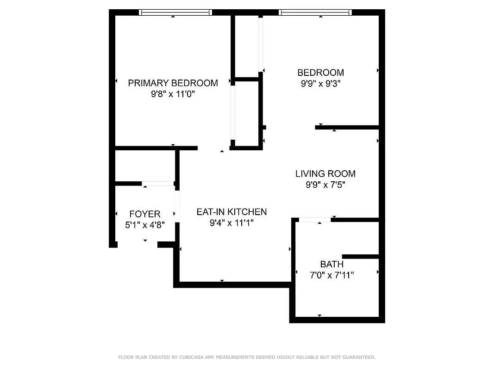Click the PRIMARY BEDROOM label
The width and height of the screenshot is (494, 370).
(173, 83)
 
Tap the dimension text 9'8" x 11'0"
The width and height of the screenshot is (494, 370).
(173, 94)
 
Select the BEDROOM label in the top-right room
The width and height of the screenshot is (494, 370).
(320, 73)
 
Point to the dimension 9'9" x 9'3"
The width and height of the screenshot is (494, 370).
(320, 84)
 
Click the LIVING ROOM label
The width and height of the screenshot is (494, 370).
(325, 174)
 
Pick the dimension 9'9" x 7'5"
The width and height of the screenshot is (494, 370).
(325, 185)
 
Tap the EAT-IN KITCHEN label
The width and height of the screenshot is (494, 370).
(231, 212)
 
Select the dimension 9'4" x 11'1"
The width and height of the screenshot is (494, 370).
(231, 223)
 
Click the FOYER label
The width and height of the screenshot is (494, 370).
(144, 214)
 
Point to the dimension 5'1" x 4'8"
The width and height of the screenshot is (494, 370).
(144, 225)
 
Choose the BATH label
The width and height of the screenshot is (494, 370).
(331, 265)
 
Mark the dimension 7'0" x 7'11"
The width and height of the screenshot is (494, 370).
(331, 276)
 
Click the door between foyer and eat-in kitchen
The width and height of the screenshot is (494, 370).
(177, 206)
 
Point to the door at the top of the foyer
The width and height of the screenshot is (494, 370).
(157, 184)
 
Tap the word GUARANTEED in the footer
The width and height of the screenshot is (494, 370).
(357, 357)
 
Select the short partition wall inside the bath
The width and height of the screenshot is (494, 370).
(360, 257)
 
